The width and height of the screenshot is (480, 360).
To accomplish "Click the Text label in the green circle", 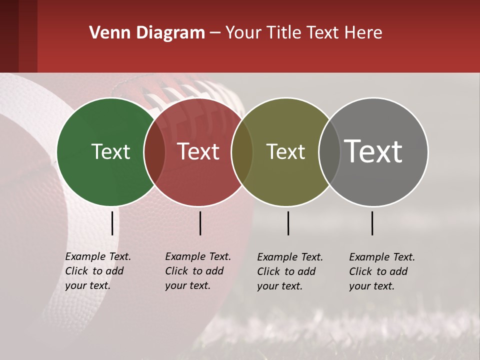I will click(110, 152).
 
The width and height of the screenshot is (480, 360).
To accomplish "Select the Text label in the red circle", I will click(198, 152).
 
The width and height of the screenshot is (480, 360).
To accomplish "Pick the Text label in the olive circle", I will click(285, 152).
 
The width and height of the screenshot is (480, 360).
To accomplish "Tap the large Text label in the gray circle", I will click(373, 151).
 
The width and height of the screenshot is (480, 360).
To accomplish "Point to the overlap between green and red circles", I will click(154, 152).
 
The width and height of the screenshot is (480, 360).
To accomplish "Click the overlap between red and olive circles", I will click(242, 152).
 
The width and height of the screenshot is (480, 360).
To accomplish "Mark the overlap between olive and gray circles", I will click(329, 152).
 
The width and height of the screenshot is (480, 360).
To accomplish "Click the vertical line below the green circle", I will click(112, 223).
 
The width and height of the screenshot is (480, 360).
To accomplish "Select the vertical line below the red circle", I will click(200, 223).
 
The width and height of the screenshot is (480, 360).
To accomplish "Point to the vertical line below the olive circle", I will click(288, 223).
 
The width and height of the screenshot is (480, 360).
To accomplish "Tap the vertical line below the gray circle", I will click(372, 223).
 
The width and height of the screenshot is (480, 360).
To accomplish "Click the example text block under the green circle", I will click(97, 271).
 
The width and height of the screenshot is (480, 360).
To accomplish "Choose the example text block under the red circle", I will click(197, 271).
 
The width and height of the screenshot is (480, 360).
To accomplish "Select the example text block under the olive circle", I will click(289, 271).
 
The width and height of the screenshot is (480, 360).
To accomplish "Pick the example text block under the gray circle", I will click(381, 271).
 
